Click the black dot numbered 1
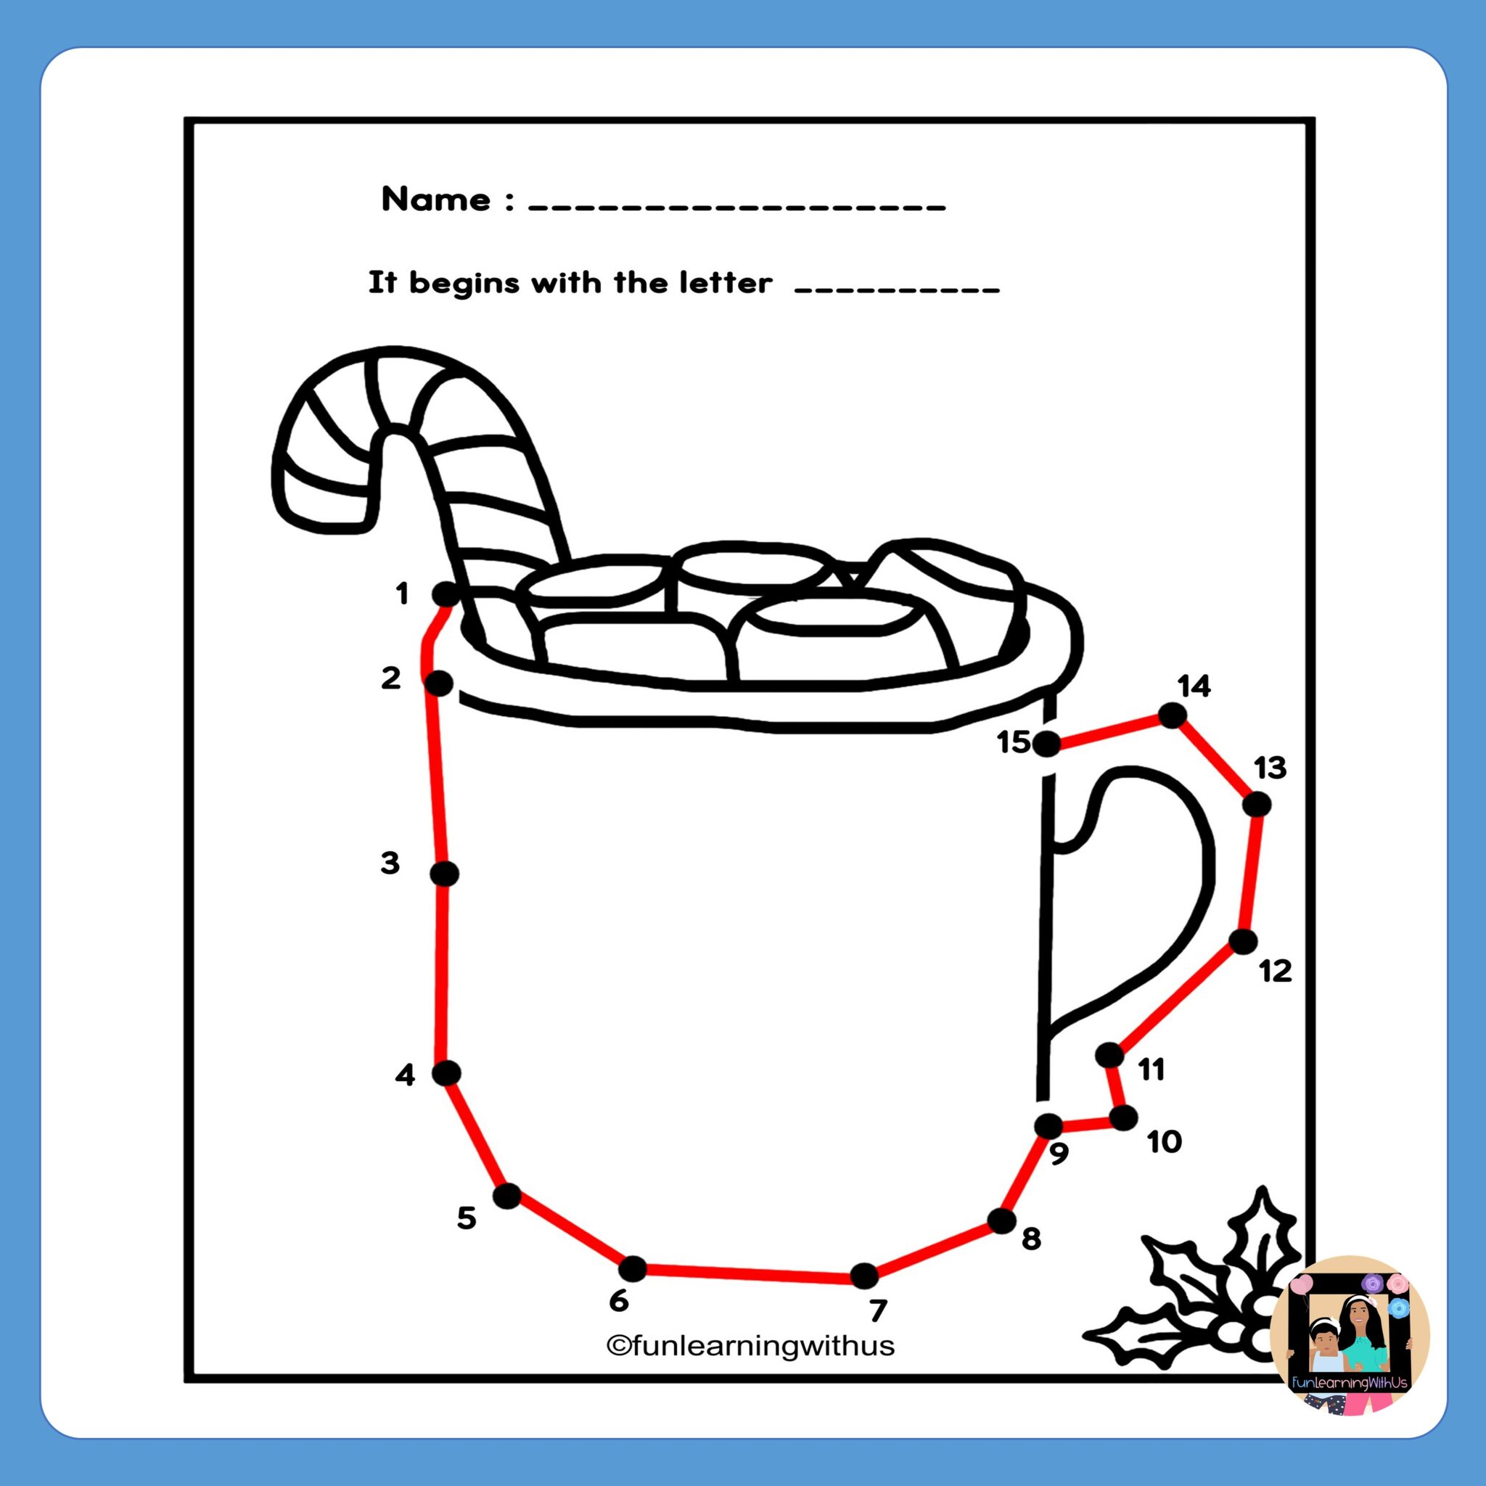click(x=446, y=594)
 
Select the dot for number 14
click(x=1171, y=716)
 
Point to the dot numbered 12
click(x=1243, y=941)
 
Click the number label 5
click(x=467, y=1218)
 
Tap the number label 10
click(x=1164, y=1142)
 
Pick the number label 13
click(x=1270, y=768)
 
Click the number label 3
click(x=390, y=863)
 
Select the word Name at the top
click(x=436, y=200)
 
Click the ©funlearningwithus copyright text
click(x=750, y=1345)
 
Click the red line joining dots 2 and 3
click(x=440, y=777)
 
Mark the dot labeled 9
click(x=1048, y=1126)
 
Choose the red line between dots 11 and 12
click(x=1177, y=998)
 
